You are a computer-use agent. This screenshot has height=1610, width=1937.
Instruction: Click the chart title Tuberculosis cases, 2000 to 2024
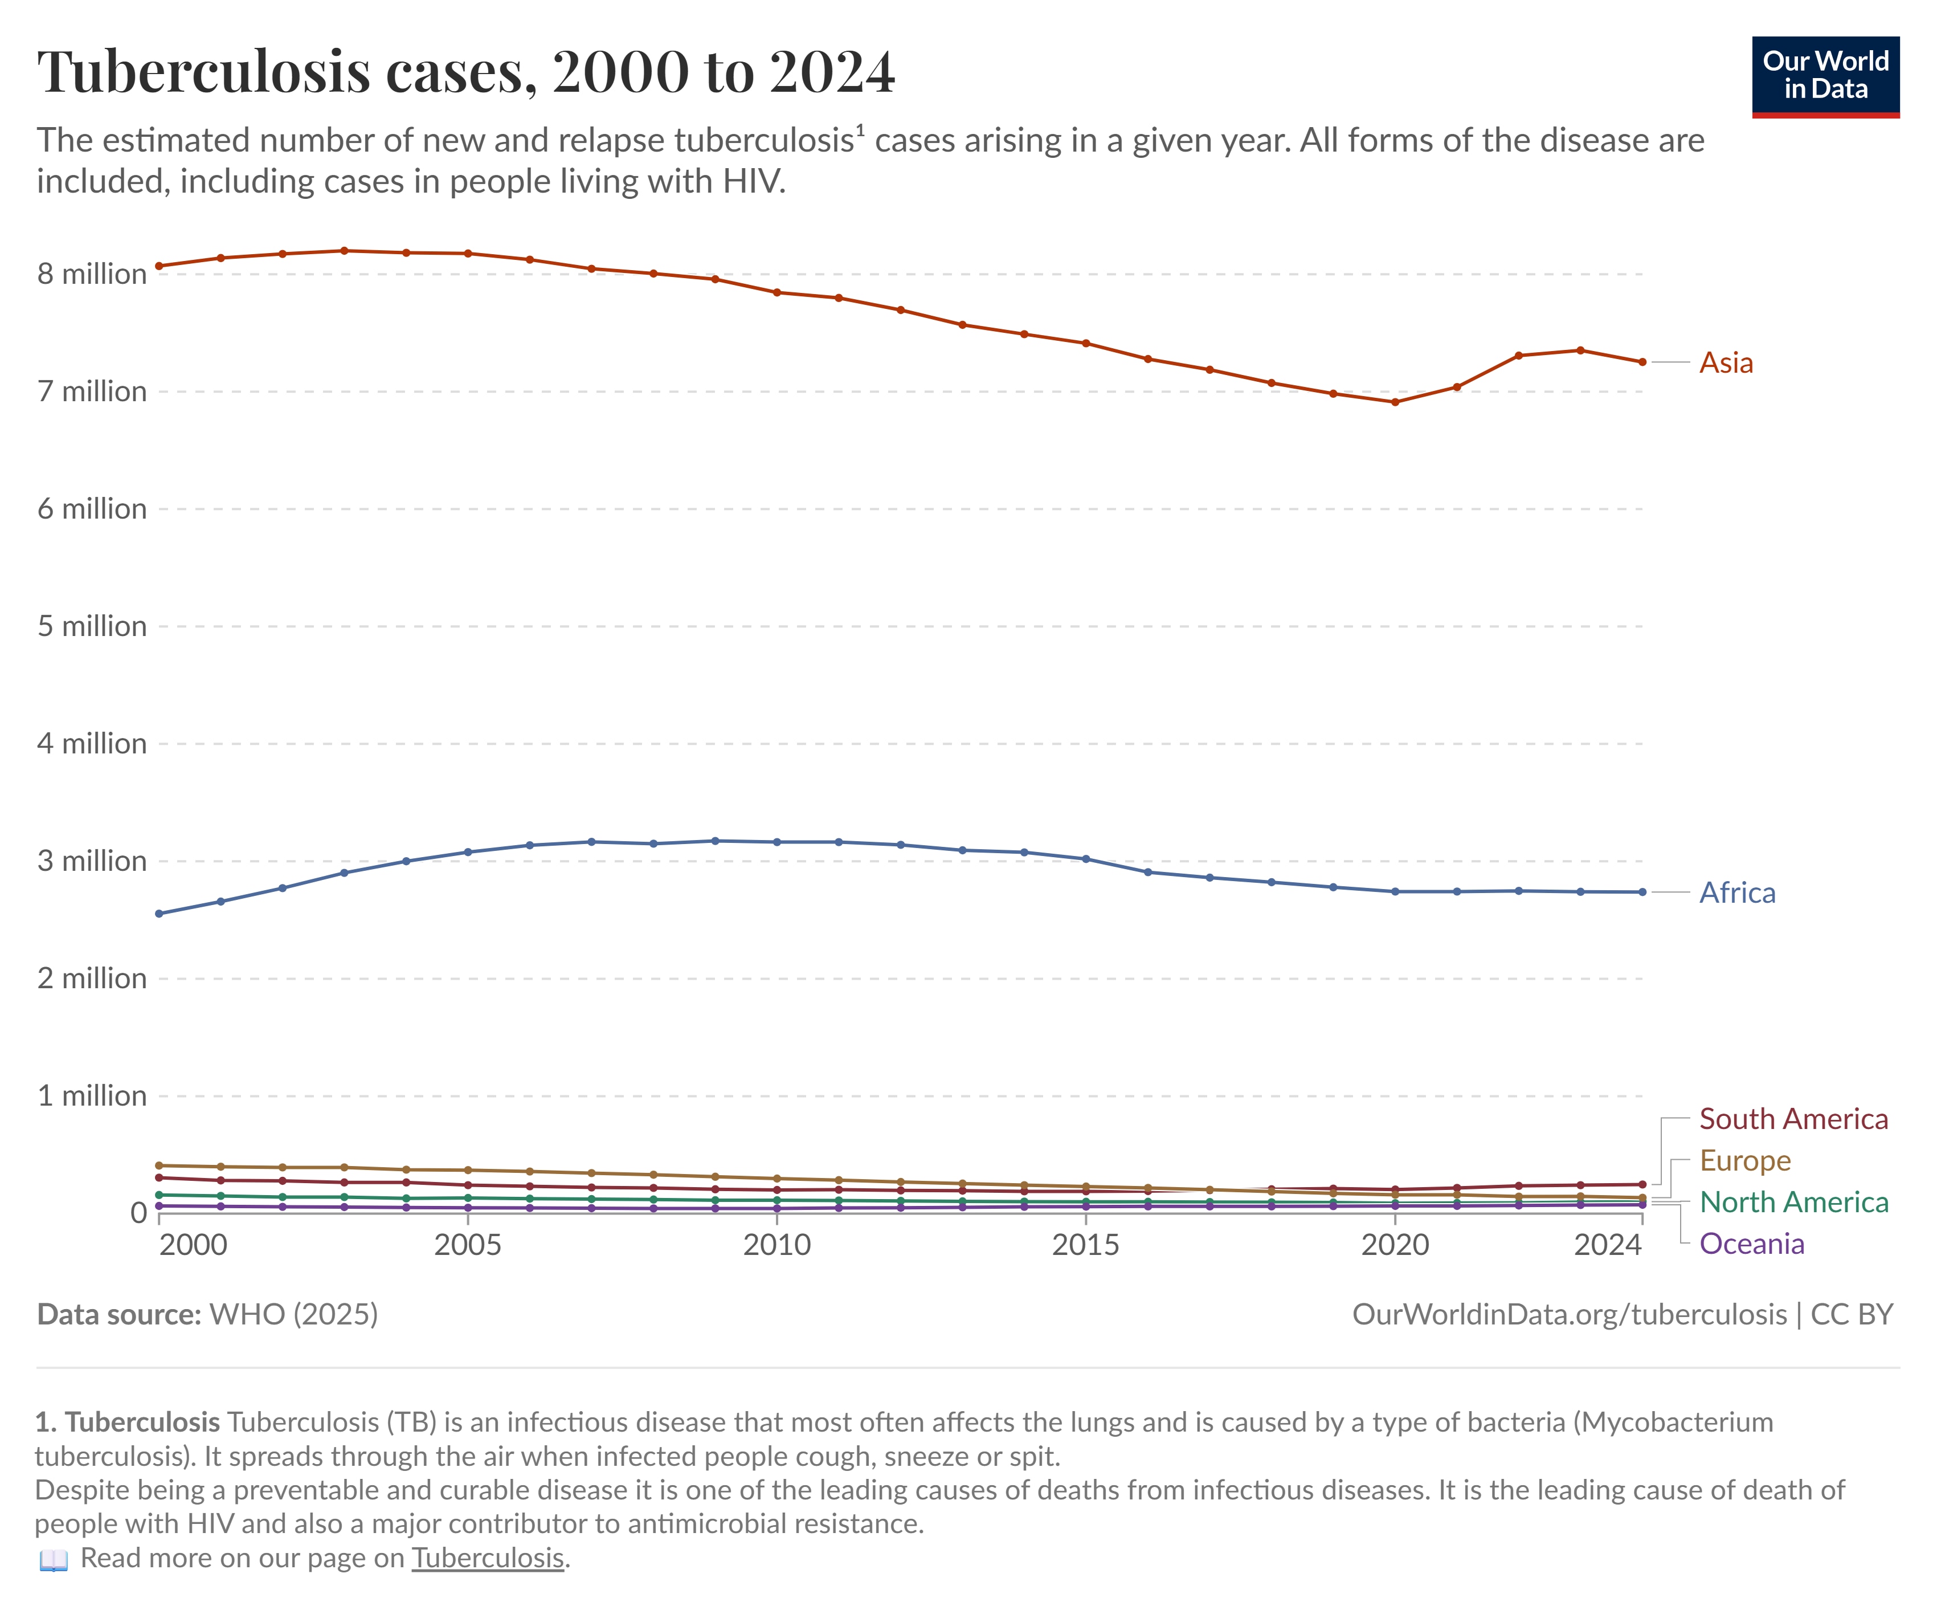[466, 72]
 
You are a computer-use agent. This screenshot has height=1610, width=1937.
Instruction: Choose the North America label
[1793, 1201]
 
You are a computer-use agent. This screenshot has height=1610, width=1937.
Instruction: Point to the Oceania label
[1751, 1243]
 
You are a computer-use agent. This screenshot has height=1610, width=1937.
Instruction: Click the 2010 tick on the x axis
[777, 1245]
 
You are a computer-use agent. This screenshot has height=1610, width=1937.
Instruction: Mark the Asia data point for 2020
[1395, 402]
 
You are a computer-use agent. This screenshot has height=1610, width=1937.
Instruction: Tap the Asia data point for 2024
[1642, 362]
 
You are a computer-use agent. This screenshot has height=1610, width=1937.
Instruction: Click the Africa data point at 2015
[1086, 859]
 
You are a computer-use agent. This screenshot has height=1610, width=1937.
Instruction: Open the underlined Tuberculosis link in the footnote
[487, 1558]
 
